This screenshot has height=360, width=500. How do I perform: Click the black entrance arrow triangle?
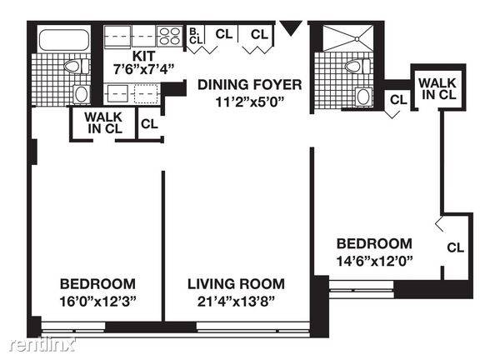291,27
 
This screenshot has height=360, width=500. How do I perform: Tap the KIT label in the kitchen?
144,56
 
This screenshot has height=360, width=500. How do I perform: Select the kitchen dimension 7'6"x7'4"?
144,69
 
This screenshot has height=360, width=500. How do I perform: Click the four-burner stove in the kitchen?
169,36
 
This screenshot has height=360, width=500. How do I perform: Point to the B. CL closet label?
196,36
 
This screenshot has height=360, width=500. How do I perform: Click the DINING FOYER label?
250,85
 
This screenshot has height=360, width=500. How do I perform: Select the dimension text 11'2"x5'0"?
250,102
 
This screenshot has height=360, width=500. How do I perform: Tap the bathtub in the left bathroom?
64,40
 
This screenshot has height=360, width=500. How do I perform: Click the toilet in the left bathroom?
77,67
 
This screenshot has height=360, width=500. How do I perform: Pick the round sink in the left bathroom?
82,94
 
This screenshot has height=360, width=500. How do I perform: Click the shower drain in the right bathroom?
357,39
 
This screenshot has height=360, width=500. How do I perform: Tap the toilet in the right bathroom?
357,67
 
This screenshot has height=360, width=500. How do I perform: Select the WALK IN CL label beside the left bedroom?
103,122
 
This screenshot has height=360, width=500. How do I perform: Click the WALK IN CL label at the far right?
437,89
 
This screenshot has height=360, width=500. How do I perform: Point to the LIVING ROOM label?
236,284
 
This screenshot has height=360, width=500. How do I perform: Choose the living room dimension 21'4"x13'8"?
236,302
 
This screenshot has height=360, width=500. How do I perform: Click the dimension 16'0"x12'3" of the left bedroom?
97,302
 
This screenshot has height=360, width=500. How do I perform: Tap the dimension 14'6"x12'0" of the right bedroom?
375,262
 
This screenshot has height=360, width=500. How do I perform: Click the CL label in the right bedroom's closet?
455,247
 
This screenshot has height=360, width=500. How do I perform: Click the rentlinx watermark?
42,345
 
